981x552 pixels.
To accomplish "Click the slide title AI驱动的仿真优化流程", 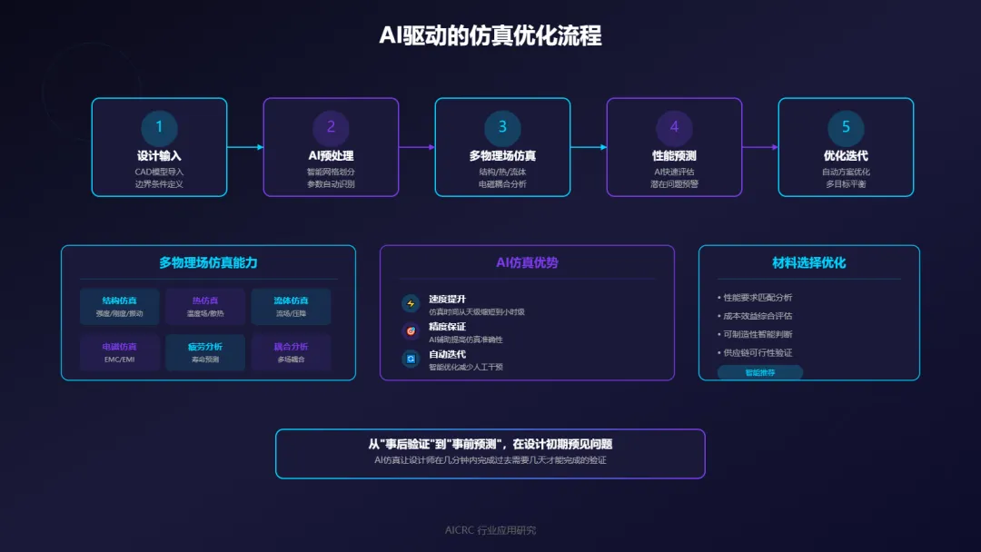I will click(x=490, y=36).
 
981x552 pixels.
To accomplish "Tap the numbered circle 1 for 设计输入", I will click(x=159, y=127).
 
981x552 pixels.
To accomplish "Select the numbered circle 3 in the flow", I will click(x=502, y=127).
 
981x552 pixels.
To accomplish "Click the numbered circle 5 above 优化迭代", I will click(x=846, y=127).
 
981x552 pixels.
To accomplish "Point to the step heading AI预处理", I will click(x=331, y=156).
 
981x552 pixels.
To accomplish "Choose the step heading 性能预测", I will click(x=674, y=156).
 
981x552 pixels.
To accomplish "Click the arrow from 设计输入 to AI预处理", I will click(x=245, y=147).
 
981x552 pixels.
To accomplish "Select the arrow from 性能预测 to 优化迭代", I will click(x=760, y=147).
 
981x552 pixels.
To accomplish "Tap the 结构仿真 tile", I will click(x=119, y=306).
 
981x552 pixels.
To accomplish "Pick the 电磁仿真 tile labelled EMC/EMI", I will click(x=119, y=352).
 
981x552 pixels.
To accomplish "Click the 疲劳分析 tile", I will click(x=205, y=352).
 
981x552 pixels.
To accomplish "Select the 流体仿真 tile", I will click(x=291, y=306).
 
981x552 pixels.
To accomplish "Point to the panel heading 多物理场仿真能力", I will click(x=208, y=263).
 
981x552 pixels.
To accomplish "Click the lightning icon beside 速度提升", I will click(x=411, y=303).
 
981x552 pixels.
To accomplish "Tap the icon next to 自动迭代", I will click(x=411, y=360).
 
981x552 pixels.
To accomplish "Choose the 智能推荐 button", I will click(x=759, y=372).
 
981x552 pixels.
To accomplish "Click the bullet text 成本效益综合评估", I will click(x=758, y=316).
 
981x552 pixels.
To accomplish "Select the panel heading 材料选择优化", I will click(x=808, y=263).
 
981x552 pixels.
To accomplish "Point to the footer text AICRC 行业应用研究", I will click(x=490, y=530).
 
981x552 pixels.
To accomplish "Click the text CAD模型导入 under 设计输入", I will click(x=159, y=172).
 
